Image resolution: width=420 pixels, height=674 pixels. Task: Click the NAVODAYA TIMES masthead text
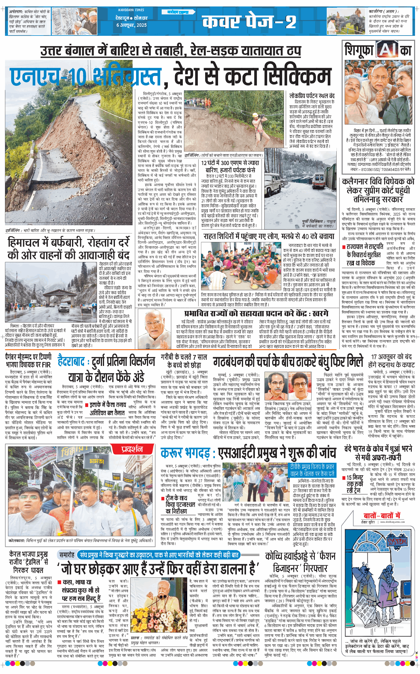point(131,10)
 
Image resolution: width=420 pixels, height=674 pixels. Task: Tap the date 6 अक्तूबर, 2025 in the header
point(131,25)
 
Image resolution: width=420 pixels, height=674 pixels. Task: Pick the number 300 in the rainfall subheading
point(225,163)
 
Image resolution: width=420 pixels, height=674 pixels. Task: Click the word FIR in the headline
point(45,364)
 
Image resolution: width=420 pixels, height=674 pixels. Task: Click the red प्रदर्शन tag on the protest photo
point(132,449)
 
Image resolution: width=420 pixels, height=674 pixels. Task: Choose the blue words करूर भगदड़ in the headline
point(185,453)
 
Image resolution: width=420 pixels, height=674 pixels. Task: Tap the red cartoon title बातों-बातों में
point(382,515)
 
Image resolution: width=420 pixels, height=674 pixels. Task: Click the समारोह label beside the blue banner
point(67,555)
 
